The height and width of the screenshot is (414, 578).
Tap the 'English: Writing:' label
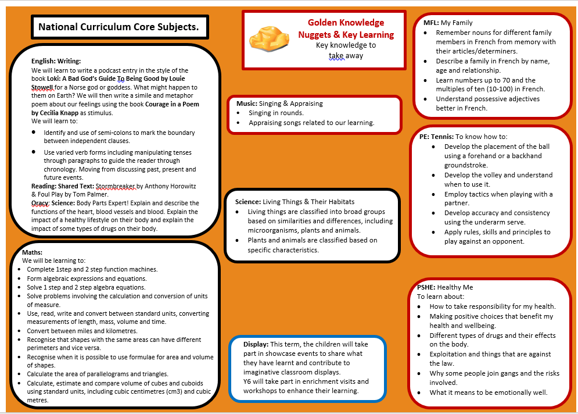click(56, 61)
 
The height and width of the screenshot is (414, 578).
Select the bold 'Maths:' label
click(33, 253)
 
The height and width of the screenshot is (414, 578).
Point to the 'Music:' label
click(247, 103)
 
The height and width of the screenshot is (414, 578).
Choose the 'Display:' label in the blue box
click(256, 344)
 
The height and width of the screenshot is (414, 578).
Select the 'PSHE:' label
click(426, 287)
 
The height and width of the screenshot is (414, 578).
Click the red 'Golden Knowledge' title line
click(346, 23)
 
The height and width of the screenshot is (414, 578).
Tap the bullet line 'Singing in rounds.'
click(277, 113)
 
